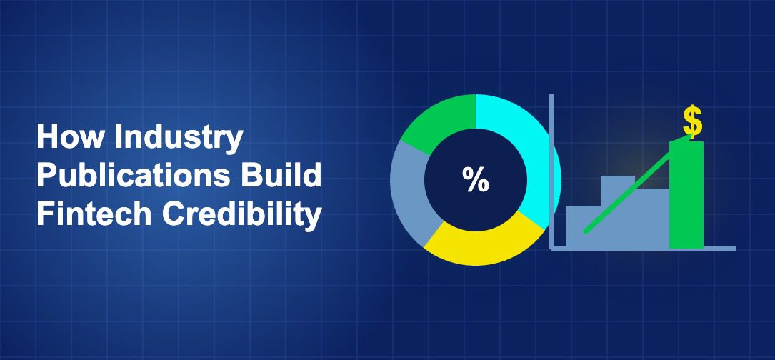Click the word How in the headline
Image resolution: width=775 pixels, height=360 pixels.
click(x=71, y=136)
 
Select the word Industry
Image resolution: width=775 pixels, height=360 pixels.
click(x=179, y=139)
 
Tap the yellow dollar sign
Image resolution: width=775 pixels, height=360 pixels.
click(x=692, y=121)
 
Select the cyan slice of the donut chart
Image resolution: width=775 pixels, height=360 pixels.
click(x=533, y=149)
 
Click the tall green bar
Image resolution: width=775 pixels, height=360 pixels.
click(x=686, y=194)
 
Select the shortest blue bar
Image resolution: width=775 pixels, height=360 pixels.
click(x=584, y=227)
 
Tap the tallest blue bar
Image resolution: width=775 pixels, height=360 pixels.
click(x=618, y=211)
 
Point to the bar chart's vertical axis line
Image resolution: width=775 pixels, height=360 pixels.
click(x=551, y=171)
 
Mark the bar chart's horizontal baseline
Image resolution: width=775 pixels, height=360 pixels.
click(x=643, y=249)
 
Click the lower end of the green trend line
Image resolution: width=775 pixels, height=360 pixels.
click(x=586, y=231)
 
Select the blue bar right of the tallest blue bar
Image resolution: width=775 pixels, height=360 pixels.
click(x=652, y=218)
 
